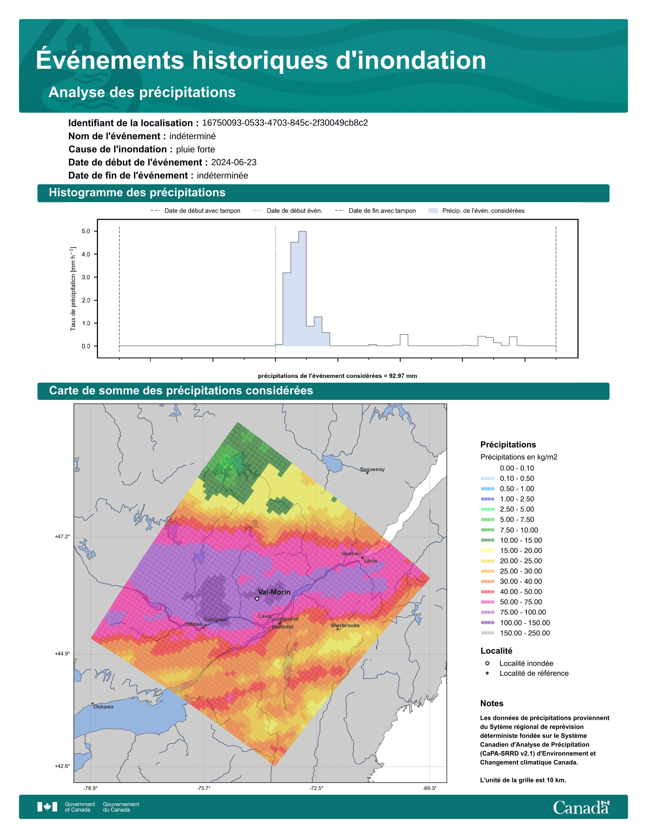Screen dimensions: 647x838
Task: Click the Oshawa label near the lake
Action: point(104,706)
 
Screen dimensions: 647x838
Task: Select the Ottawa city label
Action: point(194,624)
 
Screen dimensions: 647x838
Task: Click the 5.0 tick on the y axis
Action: point(86,231)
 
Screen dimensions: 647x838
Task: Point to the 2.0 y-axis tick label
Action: point(86,300)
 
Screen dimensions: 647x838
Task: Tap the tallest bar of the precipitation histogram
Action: point(302,288)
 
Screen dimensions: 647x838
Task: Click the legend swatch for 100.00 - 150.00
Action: point(487,622)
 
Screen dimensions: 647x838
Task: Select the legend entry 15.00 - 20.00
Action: point(520,550)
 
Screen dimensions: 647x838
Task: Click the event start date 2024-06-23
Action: point(234,162)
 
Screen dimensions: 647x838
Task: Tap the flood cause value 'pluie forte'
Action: point(195,149)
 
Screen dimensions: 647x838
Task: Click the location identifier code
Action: point(285,123)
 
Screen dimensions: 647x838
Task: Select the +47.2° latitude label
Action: point(62,536)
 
